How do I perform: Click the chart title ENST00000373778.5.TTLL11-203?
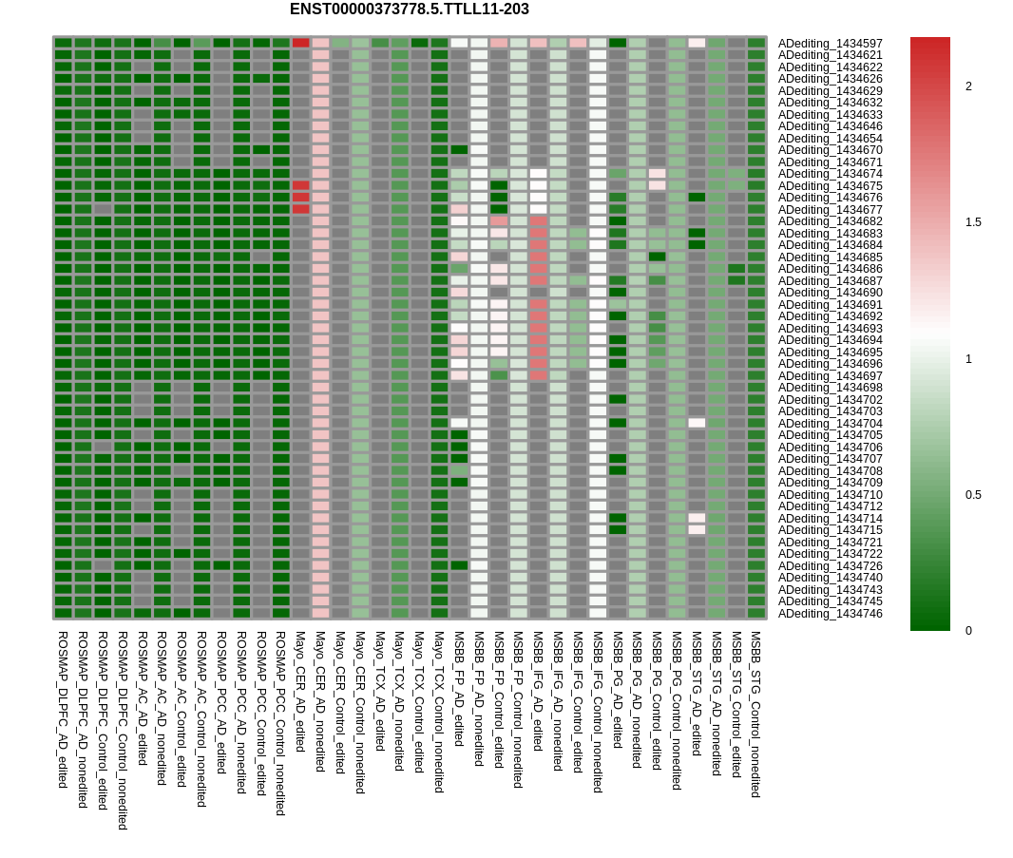click(409, 10)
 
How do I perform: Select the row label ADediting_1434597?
click(831, 44)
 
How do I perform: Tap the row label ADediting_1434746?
click(831, 614)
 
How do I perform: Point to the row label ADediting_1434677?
click(831, 209)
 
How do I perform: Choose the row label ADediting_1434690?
click(831, 293)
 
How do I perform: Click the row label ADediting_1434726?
click(831, 566)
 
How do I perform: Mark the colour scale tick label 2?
click(968, 86)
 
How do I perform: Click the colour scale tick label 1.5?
click(973, 222)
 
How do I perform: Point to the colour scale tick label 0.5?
click(973, 495)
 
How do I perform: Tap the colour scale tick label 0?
click(968, 631)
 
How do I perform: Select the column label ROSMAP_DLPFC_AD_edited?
click(63, 710)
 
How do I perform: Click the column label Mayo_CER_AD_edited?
click(299, 692)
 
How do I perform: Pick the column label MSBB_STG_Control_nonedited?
click(755, 715)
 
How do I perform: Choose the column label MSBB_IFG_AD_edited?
click(538, 692)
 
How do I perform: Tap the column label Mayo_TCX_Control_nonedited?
click(439, 712)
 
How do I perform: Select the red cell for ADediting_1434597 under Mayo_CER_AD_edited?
click(301, 43)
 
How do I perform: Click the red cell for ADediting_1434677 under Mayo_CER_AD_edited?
click(301, 209)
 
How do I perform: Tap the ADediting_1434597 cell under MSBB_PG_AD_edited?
click(618, 43)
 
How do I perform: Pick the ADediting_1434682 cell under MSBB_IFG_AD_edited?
click(538, 221)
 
